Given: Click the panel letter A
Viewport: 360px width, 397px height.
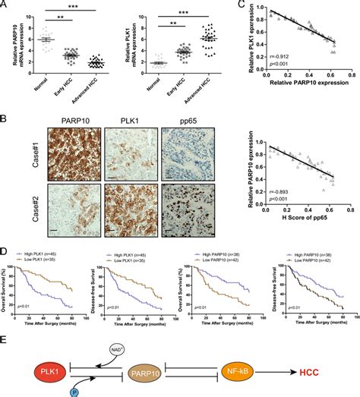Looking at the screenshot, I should [5, 7].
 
